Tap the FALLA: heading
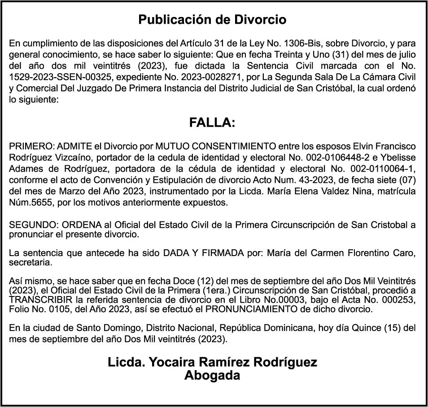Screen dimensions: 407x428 point(212,123)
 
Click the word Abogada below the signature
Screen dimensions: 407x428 point(212,376)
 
